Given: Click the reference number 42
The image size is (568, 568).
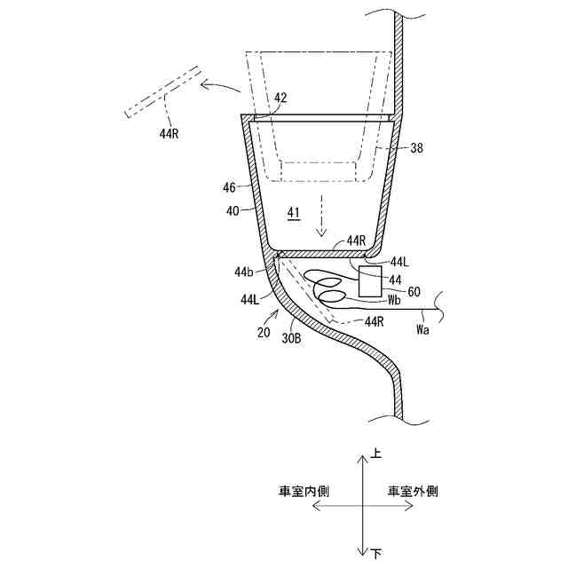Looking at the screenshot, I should (280, 99).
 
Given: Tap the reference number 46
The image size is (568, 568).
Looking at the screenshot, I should (229, 188).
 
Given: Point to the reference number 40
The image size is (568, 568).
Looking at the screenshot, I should (233, 210).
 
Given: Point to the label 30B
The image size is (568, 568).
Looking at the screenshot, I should (292, 338).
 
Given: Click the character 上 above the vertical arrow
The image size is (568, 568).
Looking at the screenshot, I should (376, 454).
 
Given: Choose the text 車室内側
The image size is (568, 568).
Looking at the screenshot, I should (303, 490).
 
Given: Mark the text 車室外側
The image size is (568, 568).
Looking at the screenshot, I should (412, 490).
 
